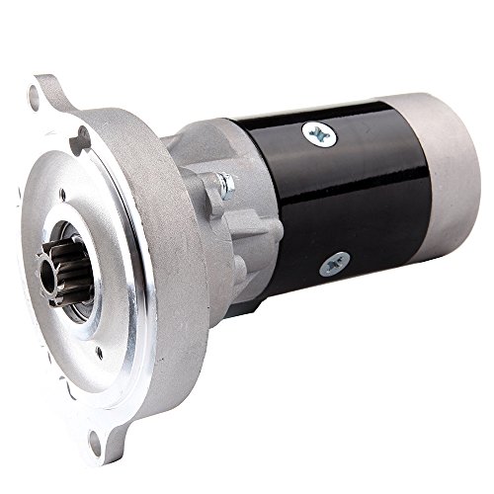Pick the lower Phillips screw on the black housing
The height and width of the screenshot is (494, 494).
click(330, 263)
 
